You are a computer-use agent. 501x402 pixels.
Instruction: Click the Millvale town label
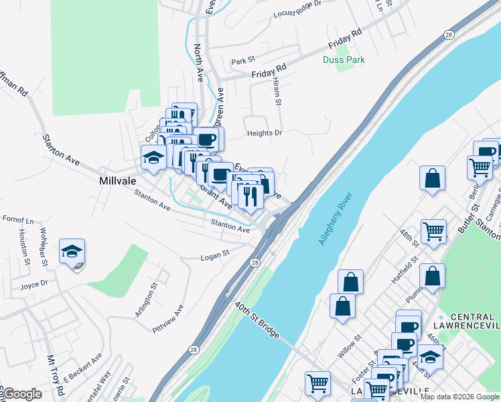[x=119, y=181]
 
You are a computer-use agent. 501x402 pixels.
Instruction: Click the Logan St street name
[x=216, y=255]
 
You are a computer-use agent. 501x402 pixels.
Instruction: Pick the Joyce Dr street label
[x=34, y=283]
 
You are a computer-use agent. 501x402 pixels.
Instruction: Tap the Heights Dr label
[x=265, y=133]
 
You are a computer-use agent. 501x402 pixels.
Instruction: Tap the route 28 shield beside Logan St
[x=255, y=263]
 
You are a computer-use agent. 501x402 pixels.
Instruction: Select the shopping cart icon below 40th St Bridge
[x=318, y=384]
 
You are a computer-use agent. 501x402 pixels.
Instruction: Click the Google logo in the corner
[x=21, y=395]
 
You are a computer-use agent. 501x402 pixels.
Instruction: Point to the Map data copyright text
[x=459, y=396]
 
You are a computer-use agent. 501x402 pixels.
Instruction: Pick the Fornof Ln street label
[x=17, y=220]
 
